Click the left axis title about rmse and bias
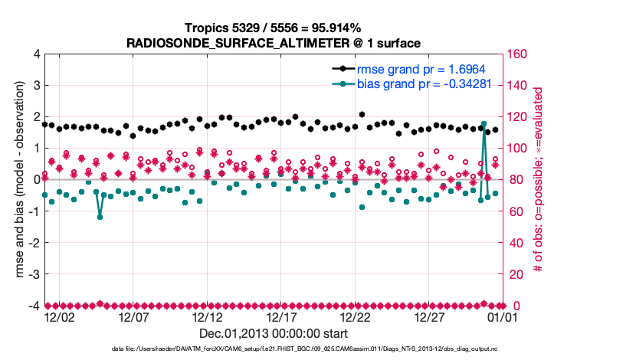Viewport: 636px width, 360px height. click(x=15, y=180)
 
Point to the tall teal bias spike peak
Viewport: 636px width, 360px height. click(x=484, y=123)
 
